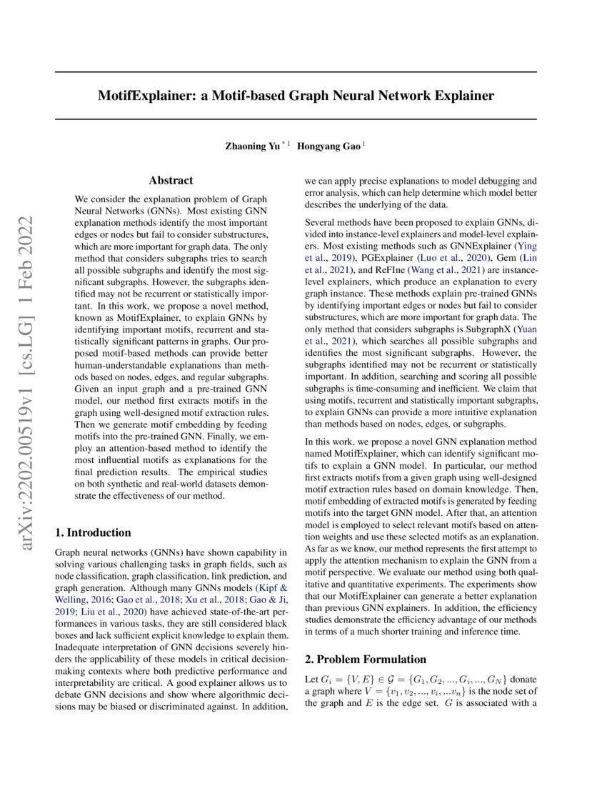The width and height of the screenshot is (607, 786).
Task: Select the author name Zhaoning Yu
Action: [252, 146]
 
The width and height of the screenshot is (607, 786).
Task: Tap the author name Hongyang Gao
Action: [329, 146]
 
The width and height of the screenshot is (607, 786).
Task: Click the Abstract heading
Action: [171, 181]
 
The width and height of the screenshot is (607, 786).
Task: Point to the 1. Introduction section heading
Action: [93, 532]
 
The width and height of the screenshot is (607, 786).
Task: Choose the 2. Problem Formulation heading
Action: [365, 659]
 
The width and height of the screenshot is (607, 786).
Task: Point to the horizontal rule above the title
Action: [296, 71]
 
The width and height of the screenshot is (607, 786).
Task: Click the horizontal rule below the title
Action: [296, 119]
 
